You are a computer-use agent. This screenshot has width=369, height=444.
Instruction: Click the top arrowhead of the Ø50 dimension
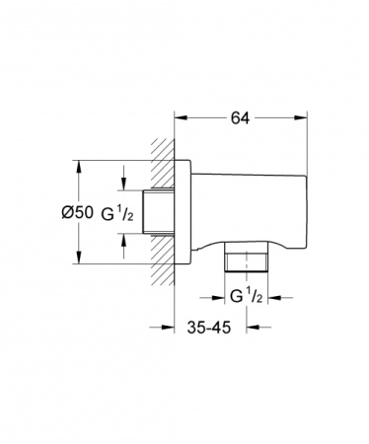[76, 164]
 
